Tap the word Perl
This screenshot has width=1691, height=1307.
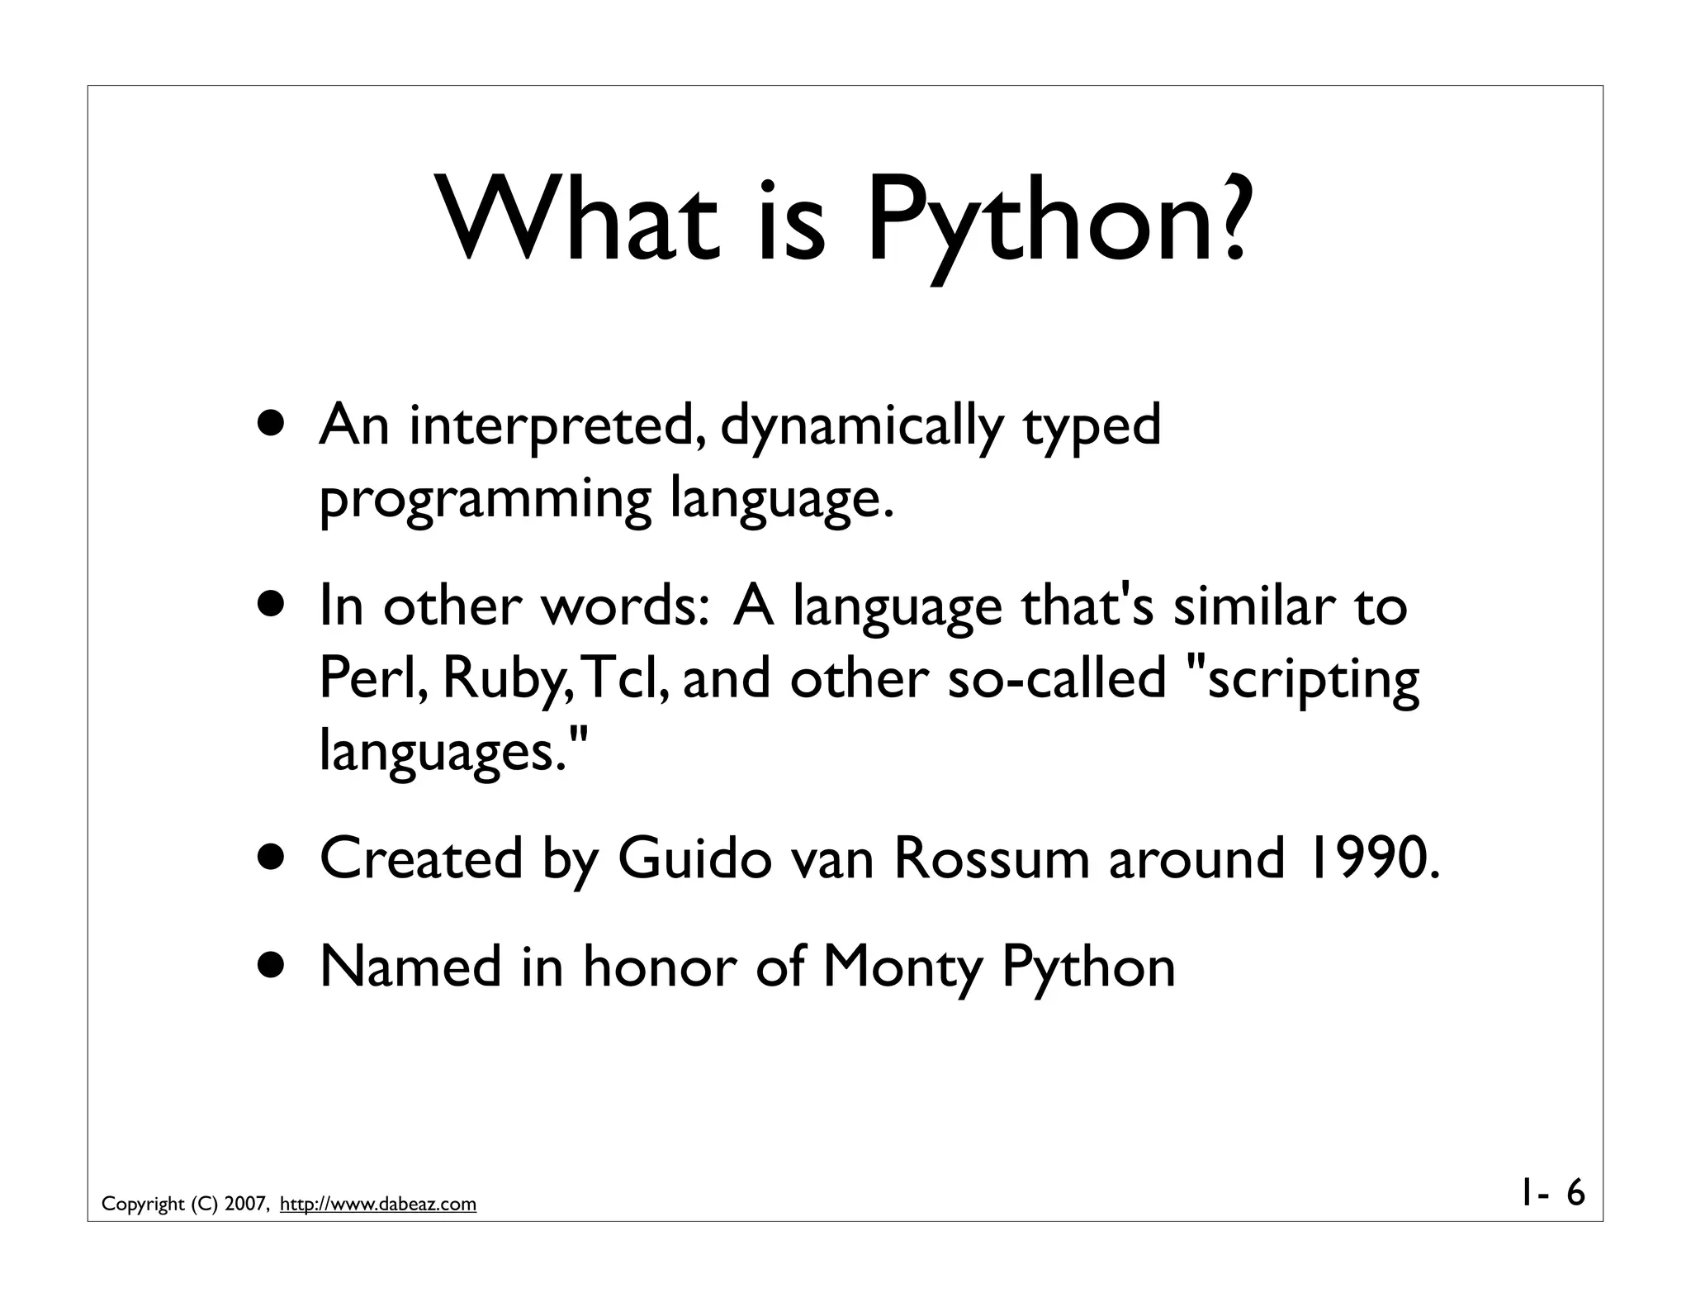pos(372,678)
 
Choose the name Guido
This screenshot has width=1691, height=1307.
pos(694,858)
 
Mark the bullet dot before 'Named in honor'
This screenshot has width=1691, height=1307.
pos(272,966)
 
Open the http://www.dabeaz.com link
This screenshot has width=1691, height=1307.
pos(378,1205)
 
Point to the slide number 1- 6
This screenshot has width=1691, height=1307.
pos(1552,1193)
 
